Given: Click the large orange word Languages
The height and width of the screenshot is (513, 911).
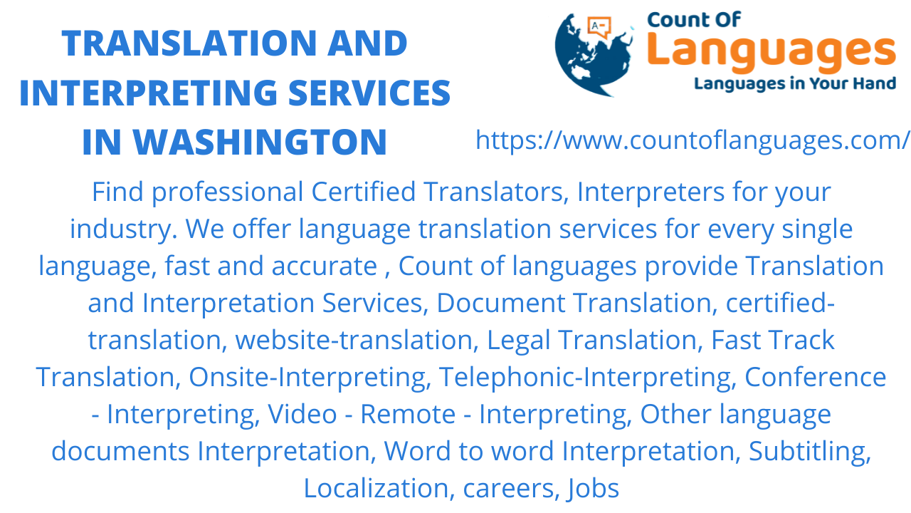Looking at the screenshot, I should tap(772, 52).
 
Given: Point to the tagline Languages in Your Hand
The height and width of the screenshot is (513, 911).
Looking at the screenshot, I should tap(794, 84).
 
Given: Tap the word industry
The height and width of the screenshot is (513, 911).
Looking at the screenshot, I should tap(124, 229).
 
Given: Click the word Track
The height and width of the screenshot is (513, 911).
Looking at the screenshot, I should tap(801, 340).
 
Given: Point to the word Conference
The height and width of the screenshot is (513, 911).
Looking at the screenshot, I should tap(815, 377).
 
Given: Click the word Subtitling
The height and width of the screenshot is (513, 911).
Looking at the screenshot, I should tap(810, 451).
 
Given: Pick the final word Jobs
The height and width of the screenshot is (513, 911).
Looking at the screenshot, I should tap(593, 488).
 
